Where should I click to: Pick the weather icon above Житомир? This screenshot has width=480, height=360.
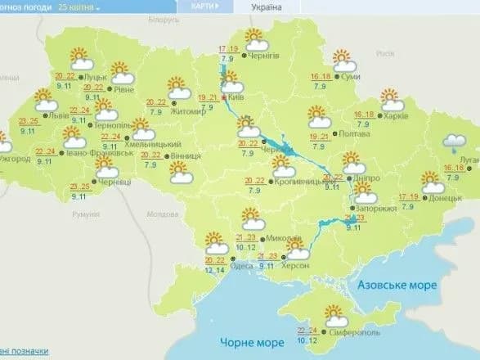(179, 85)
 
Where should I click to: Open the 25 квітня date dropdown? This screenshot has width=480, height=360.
(75, 7)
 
